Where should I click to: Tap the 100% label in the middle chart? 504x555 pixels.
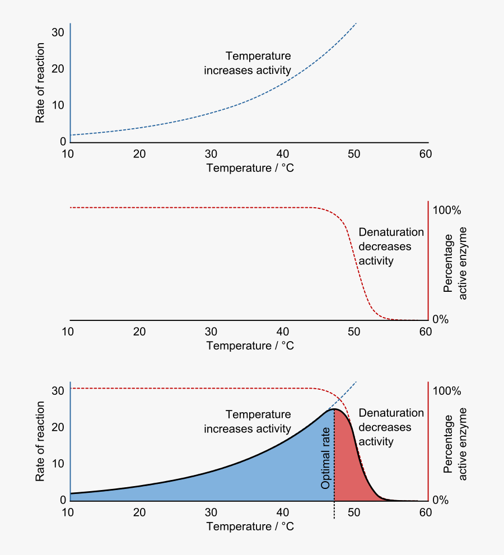[447, 211]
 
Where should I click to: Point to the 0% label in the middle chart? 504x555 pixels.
[441, 319]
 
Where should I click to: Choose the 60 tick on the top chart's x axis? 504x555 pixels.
[425, 154]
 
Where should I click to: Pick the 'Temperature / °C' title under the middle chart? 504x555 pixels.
[250, 346]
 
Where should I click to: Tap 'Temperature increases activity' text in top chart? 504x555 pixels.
[248, 63]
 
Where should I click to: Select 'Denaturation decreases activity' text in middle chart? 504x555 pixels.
[391, 246]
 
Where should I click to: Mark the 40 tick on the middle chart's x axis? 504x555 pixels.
[283, 332]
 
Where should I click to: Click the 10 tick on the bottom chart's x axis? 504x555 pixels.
[68, 512]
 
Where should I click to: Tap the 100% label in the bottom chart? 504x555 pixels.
[447, 391]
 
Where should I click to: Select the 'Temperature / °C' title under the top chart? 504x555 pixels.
[250, 168]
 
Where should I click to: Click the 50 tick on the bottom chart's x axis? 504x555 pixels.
[354, 512]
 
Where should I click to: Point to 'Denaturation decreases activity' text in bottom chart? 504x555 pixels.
[391, 427]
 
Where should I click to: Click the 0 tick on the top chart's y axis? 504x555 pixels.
[63, 142]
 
